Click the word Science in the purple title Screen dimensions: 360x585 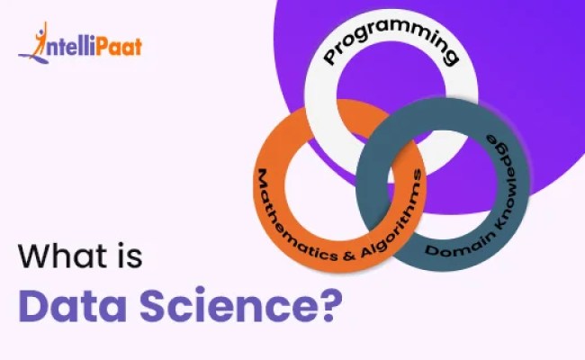pyautogui.click(x=226, y=306)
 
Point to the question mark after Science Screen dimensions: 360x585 pyautogui.click(x=329, y=306)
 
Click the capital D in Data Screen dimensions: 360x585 pyautogui.click(x=32, y=306)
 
